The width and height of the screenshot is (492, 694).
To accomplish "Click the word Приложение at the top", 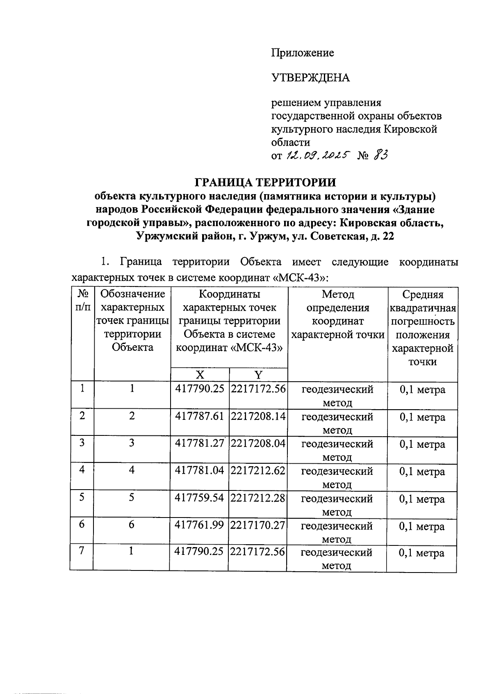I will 303,53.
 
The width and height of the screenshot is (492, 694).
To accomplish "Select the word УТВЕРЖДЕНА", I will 310,78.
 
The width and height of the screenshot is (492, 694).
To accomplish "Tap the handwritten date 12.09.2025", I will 317,155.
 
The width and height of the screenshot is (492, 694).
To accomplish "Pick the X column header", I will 200,374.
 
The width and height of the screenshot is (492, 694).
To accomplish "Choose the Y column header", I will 258,374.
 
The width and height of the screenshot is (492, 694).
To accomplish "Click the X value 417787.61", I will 200,416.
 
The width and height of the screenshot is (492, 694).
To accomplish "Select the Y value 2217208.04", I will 258,443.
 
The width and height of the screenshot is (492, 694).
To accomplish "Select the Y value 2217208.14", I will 258,416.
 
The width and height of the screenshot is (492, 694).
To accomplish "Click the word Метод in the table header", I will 338,294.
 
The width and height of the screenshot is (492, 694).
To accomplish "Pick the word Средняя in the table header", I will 423,294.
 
